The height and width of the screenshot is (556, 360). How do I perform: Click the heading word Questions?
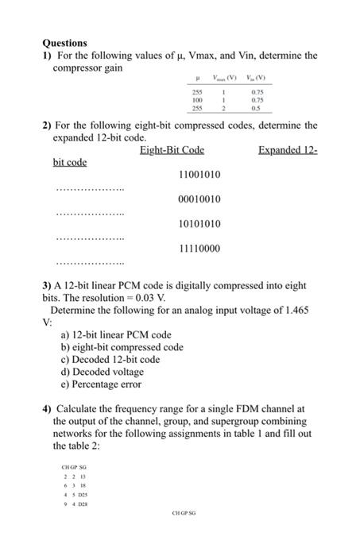pyautogui.click(x=64, y=42)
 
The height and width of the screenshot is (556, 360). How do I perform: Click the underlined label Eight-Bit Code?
pyautogui.click(x=172, y=150)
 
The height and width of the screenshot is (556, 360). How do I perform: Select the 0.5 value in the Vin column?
pyautogui.click(x=256, y=110)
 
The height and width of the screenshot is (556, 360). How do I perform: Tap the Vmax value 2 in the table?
pyautogui.click(x=226, y=110)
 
